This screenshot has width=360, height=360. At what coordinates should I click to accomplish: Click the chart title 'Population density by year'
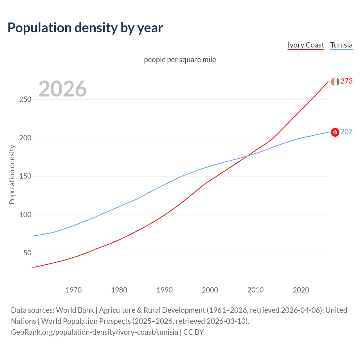pyautogui.click(x=85, y=28)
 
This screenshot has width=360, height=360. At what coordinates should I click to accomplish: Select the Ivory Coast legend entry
pyautogui.click(x=306, y=45)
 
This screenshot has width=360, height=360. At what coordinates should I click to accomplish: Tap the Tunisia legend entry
pyautogui.click(x=341, y=45)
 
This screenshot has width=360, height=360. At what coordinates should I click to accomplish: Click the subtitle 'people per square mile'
pyautogui.click(x=180, y=60)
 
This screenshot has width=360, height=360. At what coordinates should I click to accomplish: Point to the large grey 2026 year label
pyautogui.click(x=62, y=89)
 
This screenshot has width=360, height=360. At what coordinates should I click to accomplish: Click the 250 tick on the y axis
pyautogui.click(x=25, y=100)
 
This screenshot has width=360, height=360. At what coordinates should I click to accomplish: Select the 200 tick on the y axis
pyautogui.click(x=25, y=138)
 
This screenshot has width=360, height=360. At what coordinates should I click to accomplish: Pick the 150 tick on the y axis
pyautogui.click(x=25, y=176)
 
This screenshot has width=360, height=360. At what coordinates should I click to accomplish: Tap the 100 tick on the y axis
pyautogui.click(x=25, y=215)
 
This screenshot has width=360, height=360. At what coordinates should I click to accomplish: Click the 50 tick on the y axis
pyautogui.click(x=27, y=253)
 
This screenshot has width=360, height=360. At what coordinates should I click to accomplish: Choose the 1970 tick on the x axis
pyautogui.click(x=74, y=290)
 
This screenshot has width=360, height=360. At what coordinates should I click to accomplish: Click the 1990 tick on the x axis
pyautogui.click(x=165, y=290)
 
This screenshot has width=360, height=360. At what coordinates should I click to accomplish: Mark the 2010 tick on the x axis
pyautogui.click(x=255, y=290)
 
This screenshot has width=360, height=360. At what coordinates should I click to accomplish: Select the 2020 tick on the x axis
pyautogui.click(x=301, y=290)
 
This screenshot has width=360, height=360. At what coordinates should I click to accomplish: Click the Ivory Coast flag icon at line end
pyautogui.click(x=335, y=82)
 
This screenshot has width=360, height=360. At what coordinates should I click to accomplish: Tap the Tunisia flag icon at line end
pyautogui.click(x=335, y=132)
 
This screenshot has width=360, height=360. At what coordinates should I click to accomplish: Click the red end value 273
pyautogui.click(x=346, y=81)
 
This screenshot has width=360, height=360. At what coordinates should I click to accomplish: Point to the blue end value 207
pyautogui.click(x=346, y=132)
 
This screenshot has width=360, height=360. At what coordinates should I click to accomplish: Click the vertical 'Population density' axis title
pyautogui.click(x=12, y=174)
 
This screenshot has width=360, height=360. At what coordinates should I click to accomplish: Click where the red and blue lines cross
pyautogui.click(x=247, y=156)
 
